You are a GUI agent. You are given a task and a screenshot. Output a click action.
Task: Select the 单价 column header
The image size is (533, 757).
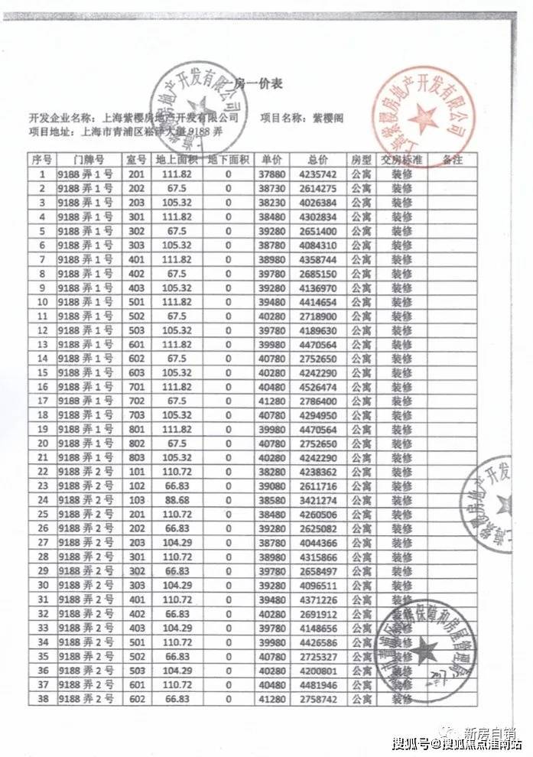271,160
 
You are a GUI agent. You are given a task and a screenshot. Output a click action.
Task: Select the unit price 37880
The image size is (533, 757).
271,174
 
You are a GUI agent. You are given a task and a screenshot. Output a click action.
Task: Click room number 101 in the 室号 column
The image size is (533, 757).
137,469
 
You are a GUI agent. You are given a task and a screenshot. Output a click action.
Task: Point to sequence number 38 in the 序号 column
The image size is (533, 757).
42,700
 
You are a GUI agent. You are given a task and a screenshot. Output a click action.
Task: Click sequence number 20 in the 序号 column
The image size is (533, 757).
42,442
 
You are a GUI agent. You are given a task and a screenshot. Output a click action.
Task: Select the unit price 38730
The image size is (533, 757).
271,188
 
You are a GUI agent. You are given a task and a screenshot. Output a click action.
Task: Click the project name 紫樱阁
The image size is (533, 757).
331,119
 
